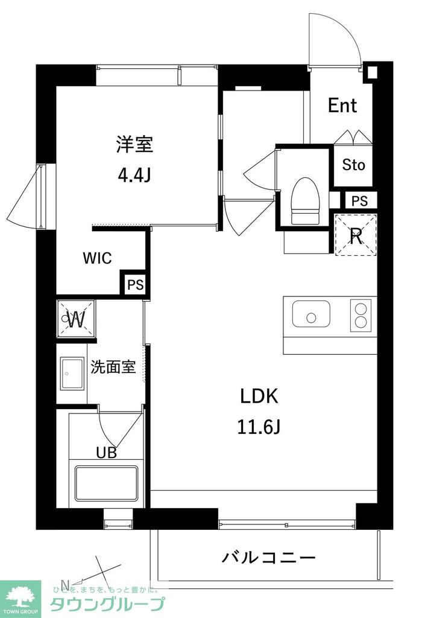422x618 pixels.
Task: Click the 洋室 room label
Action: (134, 144)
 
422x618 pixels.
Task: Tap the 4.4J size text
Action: (134, 176)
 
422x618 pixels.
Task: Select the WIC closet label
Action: (97, 258)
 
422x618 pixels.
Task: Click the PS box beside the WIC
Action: (135, 285)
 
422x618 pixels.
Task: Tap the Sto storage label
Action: (354, 165)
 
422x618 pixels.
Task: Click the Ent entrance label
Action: (342, 106)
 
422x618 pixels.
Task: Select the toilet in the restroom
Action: (304, 200)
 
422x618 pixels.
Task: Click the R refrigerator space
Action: (356, 235)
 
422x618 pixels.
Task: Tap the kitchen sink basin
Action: (311, 314)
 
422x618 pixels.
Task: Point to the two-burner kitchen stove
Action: (362, 315)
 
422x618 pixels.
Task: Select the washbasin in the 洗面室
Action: (72, 374)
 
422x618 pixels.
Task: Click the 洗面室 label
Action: (113, 367)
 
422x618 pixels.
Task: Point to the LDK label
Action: (259, 397)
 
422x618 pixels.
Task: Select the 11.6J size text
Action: (259, 427)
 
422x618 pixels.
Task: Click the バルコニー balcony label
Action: (268, 557)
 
